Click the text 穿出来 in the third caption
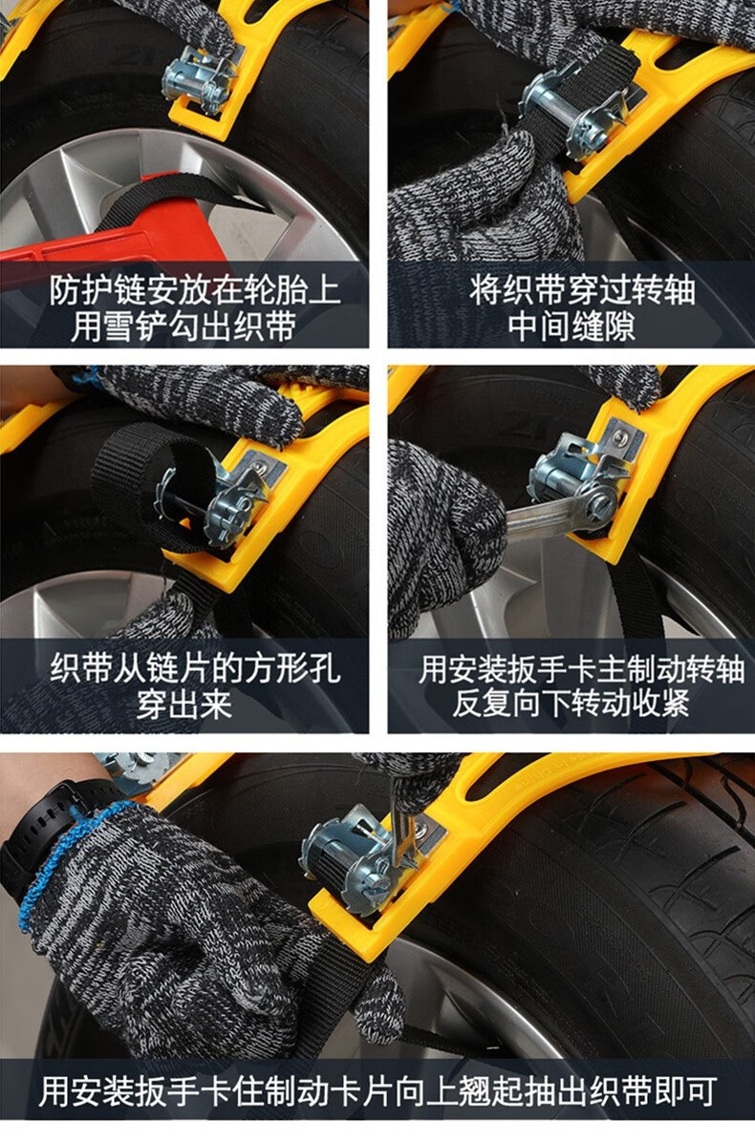point(184,704)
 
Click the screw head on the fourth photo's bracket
point(619,437)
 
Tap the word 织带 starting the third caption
point(81,667)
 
